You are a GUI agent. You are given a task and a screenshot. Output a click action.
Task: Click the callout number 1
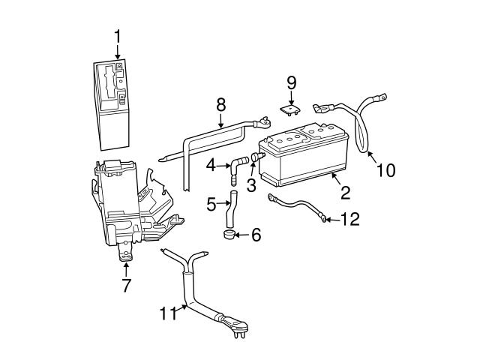click(x=118, y=35)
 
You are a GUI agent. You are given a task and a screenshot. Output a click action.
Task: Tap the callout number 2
click(x=346, y=193)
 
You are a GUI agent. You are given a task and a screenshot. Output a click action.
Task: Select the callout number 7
click(x=125, y=285)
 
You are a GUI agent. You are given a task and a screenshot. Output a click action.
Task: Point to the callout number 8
click(x=220, y=103)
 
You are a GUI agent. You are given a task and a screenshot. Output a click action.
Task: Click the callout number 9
click(x=292, y=82)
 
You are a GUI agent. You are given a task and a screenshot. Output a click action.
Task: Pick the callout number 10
click(x=385, y=170)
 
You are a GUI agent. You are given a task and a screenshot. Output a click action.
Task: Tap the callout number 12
click(x=349, y=219)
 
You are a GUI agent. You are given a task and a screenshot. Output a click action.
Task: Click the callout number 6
click(x=256, y=235)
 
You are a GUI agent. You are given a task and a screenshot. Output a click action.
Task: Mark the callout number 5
click(x=211, y=202)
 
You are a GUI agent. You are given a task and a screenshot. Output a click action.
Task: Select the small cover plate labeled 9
click(x=290, y=109)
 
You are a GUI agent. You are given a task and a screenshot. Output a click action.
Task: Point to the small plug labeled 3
click(x=256, y=158)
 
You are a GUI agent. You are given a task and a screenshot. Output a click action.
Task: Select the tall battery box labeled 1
click(x=116, y=105)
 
